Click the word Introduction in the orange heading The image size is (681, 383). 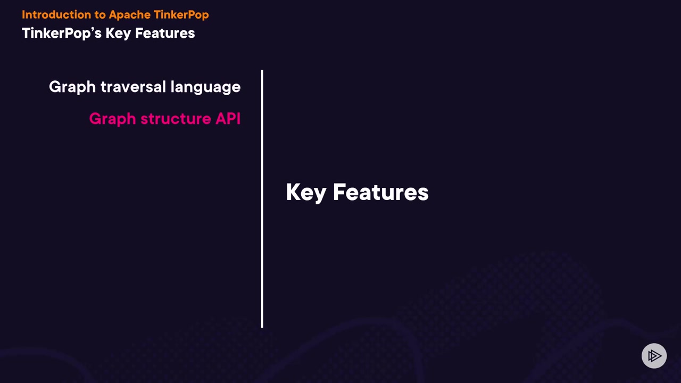[x=56, y=14]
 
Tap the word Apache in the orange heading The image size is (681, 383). [x=129, y=15]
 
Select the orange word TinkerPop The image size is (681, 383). [x=181, y=15]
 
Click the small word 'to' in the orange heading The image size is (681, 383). [x=99, y=15]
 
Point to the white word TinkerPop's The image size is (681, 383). [x=62, y=34]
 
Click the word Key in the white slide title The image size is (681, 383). [x=118, y=34]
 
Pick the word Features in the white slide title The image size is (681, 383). [x=165, y=33]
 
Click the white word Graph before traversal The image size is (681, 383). [x=72, y=87]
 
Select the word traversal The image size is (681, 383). [x=133, y=87]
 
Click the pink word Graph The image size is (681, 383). [x=112, y=119]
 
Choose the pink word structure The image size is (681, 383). [x=176, y=119]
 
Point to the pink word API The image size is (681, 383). [x=228, y=119]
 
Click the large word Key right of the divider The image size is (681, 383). [x=306, y=193]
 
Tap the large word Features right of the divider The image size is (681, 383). [x=381, y=192]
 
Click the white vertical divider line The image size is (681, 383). [x=262, y=199]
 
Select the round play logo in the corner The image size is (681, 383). [x=654, y=356]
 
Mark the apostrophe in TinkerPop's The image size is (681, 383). [x=92, y=29]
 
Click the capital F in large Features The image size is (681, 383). [x=339, y=192]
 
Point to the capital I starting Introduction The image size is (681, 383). [x=23, y=14]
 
